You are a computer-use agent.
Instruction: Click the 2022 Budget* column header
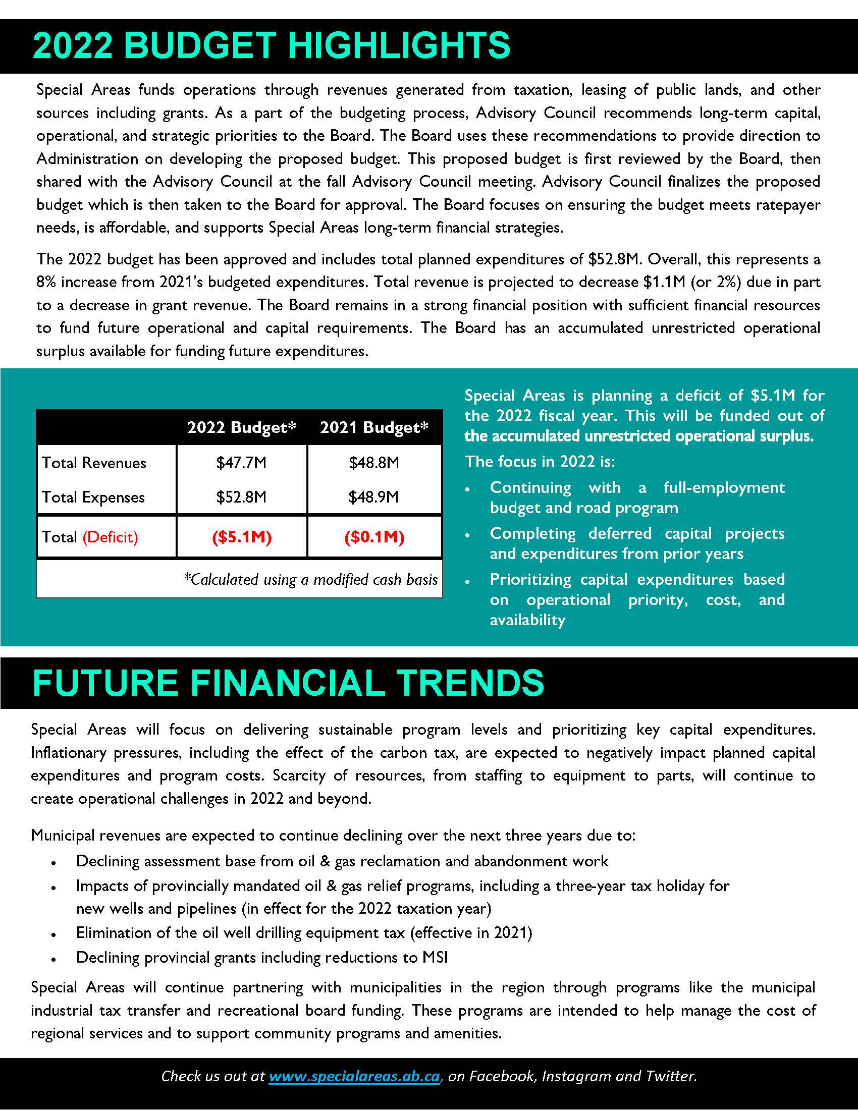point(241,427)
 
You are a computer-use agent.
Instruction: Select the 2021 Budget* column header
point(374,427)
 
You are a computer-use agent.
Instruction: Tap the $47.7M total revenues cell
point(241,463)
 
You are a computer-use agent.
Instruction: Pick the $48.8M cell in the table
point(374,463)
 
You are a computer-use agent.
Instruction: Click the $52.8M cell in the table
point(241,497)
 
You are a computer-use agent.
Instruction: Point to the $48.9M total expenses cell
point(374,497)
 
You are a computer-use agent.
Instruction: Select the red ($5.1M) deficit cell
point(241,537)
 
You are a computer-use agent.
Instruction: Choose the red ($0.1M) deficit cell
point(374,537)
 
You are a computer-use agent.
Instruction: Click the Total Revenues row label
point(94,463)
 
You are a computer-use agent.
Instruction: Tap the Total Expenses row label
point(93,497)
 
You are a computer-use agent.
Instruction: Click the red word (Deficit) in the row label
point(111,537)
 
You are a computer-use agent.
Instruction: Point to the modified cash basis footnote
point(310,579)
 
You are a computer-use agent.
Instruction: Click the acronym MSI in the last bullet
point(435,958)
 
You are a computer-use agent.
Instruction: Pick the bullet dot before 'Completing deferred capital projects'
point(468,535)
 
